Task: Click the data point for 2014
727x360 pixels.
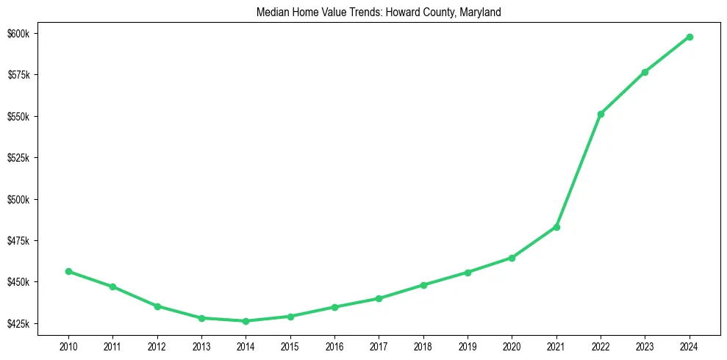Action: (246, 321)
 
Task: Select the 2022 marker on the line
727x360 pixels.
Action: (601, 114)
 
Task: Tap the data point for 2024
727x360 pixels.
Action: (690, 37)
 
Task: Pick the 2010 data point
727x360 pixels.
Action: (68, 271)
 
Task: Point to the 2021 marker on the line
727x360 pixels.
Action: (556, 227)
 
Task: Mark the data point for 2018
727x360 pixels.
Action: (423, 285)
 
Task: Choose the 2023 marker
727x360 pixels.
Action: (645, 72)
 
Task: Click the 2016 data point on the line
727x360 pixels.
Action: (334, 307)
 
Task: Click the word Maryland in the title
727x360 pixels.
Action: (479, 12)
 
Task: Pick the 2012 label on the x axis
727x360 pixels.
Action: (157, 345)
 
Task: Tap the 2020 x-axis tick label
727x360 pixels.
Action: (512, 345)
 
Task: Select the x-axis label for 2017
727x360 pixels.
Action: (379, 345)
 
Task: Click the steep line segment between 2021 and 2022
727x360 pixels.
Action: (579, 170)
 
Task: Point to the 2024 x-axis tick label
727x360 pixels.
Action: (690, 345)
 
